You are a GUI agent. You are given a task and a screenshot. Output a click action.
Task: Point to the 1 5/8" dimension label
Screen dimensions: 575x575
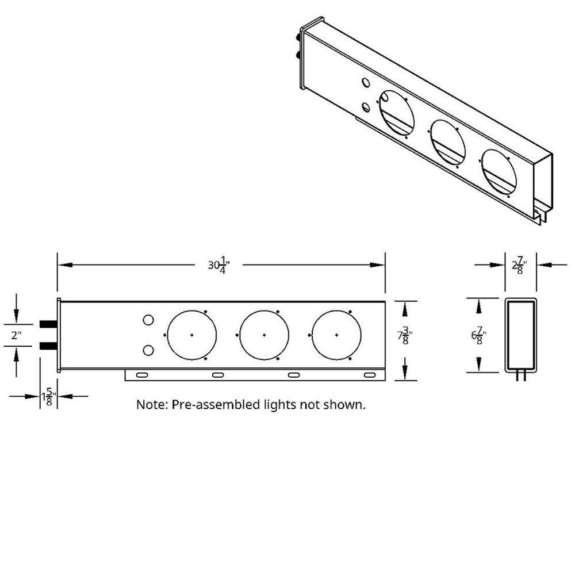tap(49, 397)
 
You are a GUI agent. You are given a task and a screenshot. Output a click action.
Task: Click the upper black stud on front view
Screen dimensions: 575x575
tap(48, 324)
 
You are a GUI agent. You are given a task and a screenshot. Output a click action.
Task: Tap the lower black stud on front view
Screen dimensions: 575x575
tap(48, 346)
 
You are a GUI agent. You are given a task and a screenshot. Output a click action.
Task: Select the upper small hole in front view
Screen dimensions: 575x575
tap(148, 320)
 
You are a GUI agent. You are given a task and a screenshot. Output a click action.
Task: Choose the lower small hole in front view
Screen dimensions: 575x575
tap(148, 350)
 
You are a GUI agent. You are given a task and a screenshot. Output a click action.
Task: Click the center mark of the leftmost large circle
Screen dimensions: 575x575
tap(191, 335)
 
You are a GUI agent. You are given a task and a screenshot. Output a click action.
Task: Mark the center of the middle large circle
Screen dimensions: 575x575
tap(264, 335)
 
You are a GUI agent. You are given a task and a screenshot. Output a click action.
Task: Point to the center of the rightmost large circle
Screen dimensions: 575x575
tap(336, 335)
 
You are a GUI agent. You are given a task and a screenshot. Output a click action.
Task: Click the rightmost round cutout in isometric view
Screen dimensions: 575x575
tap(499, 171)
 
